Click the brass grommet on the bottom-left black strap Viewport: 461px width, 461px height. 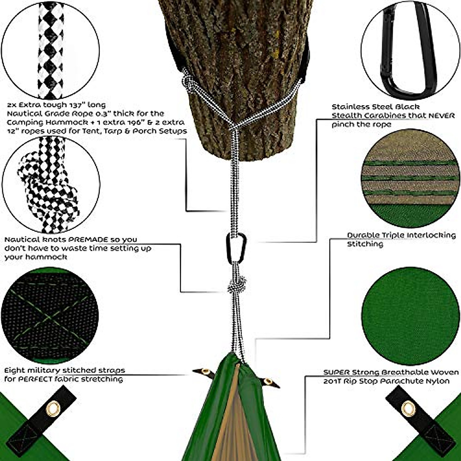(x=53, y=408)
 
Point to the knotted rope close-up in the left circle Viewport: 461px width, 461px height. (x=48, y=184)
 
